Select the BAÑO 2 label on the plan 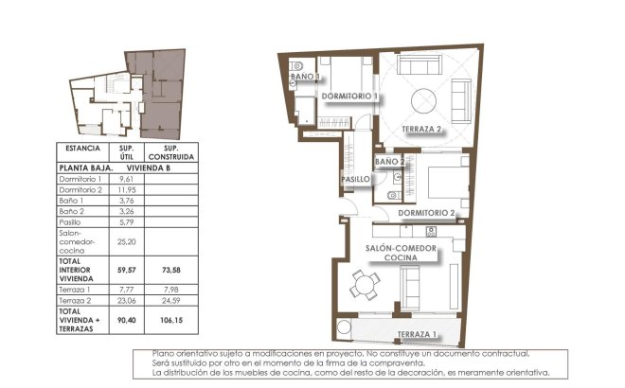(x=390, y=162)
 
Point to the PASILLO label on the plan (x=355, y=179)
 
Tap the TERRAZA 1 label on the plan (x=417, y=335)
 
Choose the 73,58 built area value (x=170, y=269)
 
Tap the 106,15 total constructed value (x=170, y=319)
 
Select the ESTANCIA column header (x=82, y=150)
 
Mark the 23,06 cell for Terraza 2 (x=123, y=302)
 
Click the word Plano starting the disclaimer (x=164, y=353)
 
